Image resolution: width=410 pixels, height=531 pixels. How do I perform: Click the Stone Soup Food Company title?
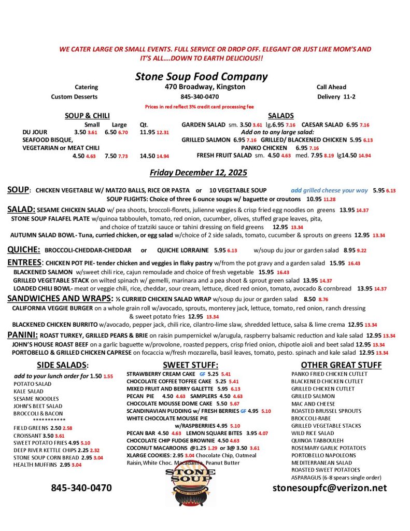(x=201, y=77)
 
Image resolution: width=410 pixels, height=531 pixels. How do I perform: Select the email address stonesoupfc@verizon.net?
(x=330, y=487)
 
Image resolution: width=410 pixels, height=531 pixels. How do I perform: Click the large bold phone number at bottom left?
(x=81, y=487)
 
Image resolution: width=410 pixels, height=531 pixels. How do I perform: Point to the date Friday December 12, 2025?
(x=199, y=172)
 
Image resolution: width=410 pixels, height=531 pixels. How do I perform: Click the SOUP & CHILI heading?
(x=87, y=116)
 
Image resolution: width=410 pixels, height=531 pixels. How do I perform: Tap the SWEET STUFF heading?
(x=190, y=365)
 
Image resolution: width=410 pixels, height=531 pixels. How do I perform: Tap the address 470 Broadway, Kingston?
(x=205, y=87)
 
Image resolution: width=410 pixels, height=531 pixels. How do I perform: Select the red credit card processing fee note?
(x=200, y=106)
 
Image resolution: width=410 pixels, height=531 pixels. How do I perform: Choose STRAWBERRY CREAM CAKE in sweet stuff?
(x=161, y=373)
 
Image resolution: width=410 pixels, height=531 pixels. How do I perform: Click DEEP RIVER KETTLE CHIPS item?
(x=46, y=450)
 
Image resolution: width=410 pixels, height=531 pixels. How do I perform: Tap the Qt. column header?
(x=144, y=124)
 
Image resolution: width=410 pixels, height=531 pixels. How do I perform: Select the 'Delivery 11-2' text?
(x=336, y=96)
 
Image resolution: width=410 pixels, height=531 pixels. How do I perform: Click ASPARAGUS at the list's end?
(x=306, y=477)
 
